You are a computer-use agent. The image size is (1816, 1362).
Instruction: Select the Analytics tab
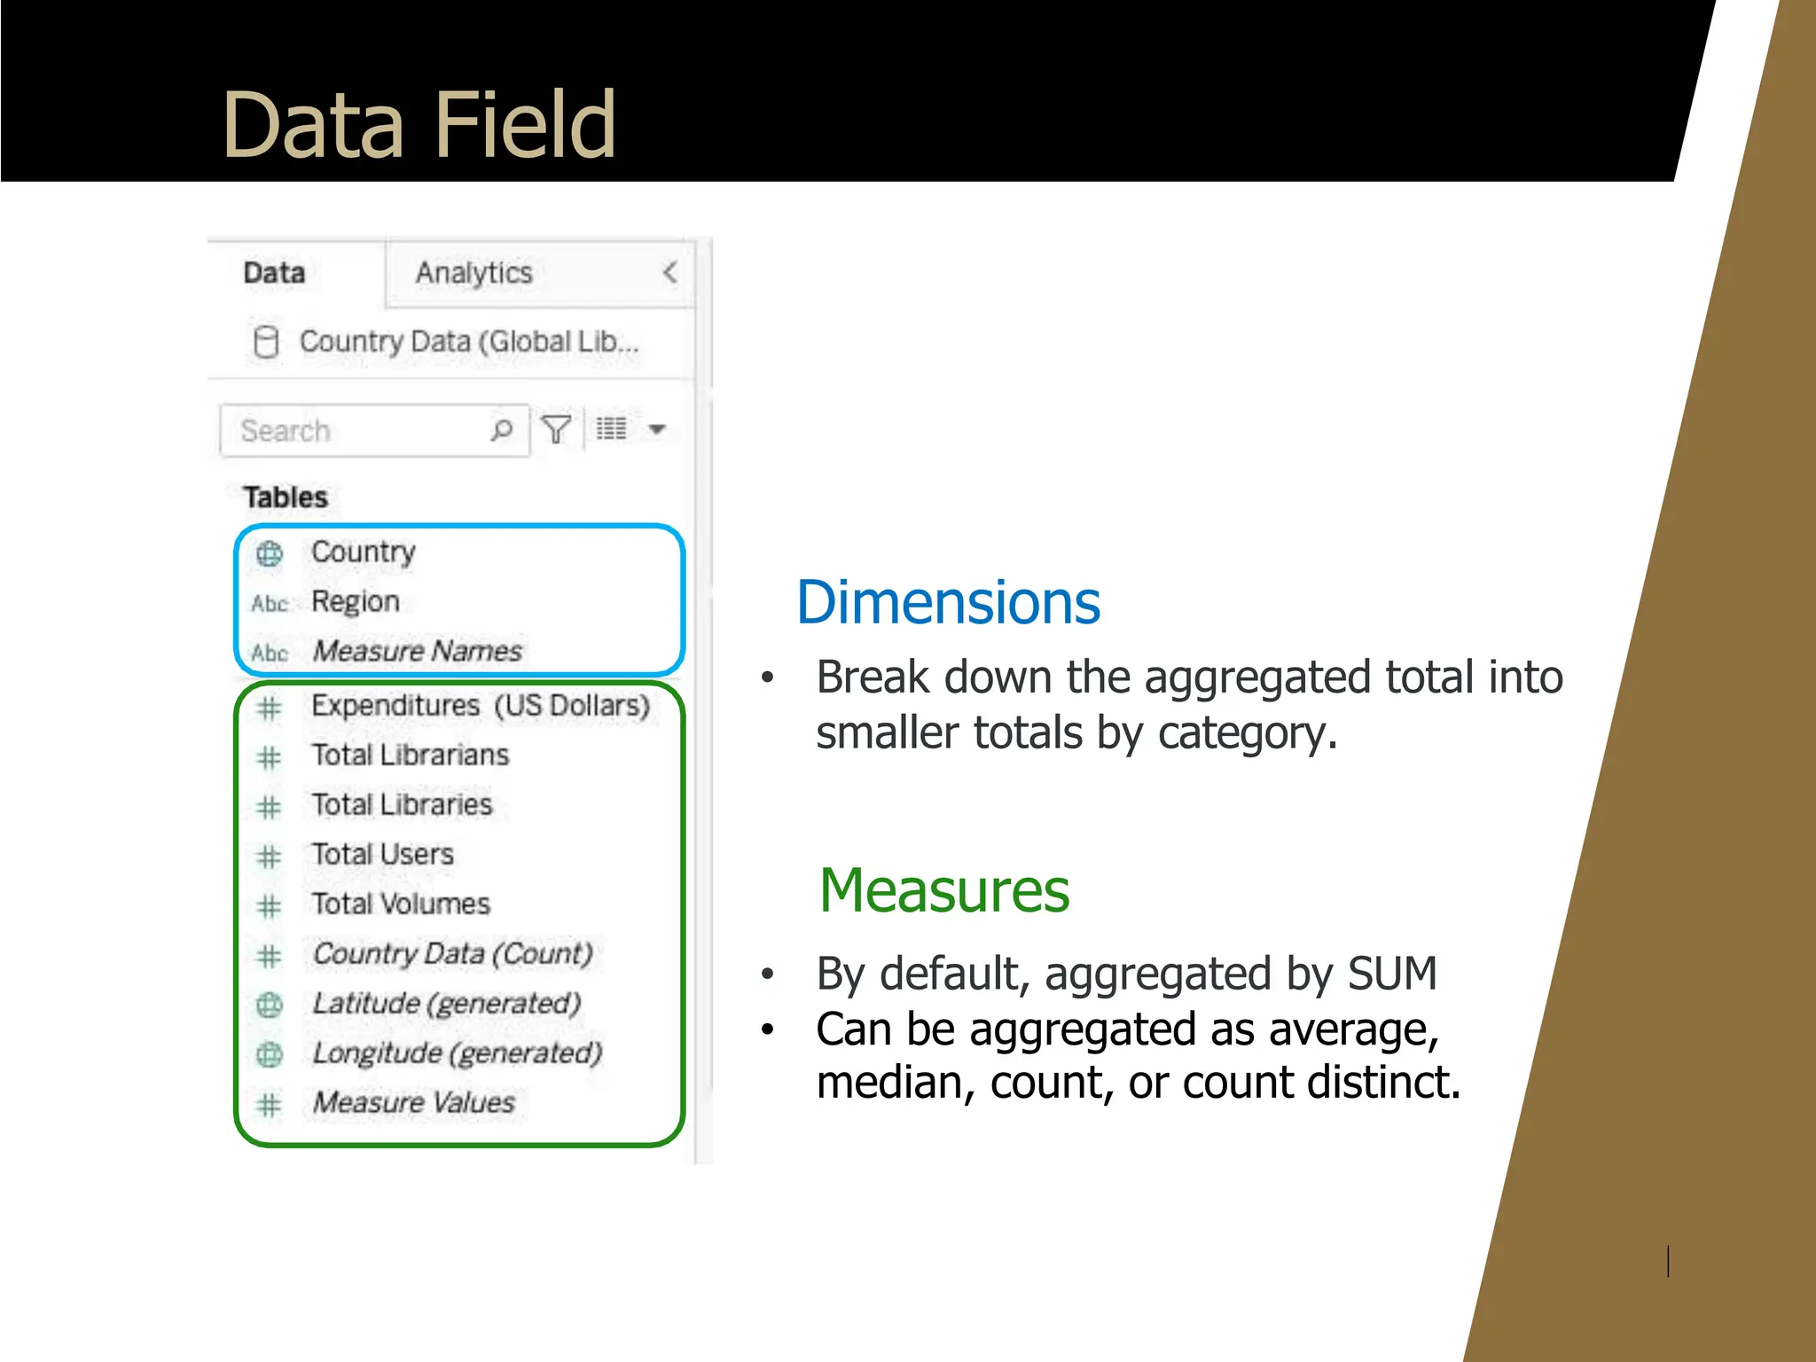(x=474, y=273)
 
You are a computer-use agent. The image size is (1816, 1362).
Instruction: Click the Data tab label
(x=274, y=273)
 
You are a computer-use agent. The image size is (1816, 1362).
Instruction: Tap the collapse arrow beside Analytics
(x=670, y=272)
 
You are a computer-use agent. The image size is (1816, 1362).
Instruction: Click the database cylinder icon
(x=266, y=341)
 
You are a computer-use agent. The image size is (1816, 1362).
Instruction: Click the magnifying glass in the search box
(x=502, y=430)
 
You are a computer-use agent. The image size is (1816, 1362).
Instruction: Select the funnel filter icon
(x=556, y=430)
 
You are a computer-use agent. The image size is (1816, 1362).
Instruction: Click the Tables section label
(x=286, y=497)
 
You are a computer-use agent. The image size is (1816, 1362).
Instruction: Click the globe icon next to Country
(x=270, y=553)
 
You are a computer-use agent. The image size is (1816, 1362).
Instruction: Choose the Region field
(x=356, y=602)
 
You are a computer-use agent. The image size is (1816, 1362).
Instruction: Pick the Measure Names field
(x=418, y=652)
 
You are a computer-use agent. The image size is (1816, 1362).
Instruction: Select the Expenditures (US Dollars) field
(x=481, y=706)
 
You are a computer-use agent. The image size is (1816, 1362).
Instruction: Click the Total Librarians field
(x=411, y=755)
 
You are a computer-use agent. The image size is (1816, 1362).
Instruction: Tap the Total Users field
(x=383, y=855)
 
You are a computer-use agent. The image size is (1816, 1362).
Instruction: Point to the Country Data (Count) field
(x=452, y=954)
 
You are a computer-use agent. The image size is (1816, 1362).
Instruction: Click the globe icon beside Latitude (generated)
(x=270, y=1005)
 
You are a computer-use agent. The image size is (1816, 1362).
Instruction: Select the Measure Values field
(x=414, y=1103)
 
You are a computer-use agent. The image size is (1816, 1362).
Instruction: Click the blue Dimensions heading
(x=948, y=603)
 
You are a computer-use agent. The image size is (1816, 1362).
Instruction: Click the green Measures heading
(x=944, y=890)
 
